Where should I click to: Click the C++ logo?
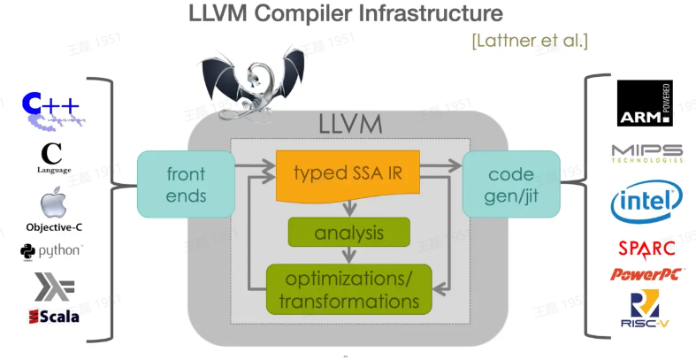[51, 110]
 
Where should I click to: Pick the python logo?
[51, 252]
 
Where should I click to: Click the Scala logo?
[54, 316]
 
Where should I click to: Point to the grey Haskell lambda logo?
[54, 287]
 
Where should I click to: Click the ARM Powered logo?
[645, 103]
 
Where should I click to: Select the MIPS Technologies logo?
[646, 154]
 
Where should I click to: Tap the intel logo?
[646, 201]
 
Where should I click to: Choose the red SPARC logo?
[646, 249]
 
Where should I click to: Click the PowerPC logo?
[646, 274]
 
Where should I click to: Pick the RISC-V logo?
[645, 309]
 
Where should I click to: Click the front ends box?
[186, 184]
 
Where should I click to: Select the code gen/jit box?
[511, 184]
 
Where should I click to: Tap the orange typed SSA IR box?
[348, 175]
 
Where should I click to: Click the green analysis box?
[349, 232]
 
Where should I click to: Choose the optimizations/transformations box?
[349, 289]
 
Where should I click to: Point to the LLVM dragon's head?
[256, 80]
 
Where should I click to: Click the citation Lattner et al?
[530, 41]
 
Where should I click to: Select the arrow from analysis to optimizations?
[349, 255]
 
